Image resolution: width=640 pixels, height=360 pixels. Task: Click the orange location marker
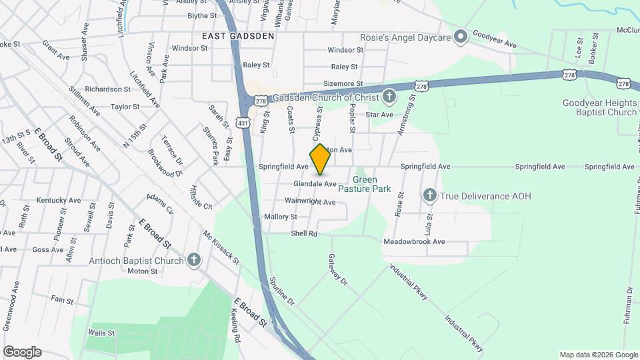click(321, 159)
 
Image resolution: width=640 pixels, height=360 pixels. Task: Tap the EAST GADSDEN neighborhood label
click(239, 36)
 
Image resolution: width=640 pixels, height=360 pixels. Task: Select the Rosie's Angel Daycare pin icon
click(459, 36)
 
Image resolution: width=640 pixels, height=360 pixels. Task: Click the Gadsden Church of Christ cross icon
click(390, 97)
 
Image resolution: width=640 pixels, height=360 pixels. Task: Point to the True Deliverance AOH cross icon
click(429, 195)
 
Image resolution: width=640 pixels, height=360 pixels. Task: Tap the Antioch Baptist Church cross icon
click(193, 260)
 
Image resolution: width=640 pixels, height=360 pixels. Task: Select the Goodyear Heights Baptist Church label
click(599, 107)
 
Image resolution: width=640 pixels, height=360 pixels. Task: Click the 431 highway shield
click(243, 123)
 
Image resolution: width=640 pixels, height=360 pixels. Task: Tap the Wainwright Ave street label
click(309, 201)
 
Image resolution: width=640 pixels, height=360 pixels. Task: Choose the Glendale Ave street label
click(315, 183)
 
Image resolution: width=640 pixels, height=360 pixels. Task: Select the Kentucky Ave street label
click(59, 200)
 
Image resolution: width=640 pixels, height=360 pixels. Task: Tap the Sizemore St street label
click(343, 84)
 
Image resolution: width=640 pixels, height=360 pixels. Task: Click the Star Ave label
click(379, 115)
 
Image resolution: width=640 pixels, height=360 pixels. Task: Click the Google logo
click(22, 352)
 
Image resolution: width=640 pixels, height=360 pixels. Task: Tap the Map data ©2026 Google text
click(598, 355)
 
